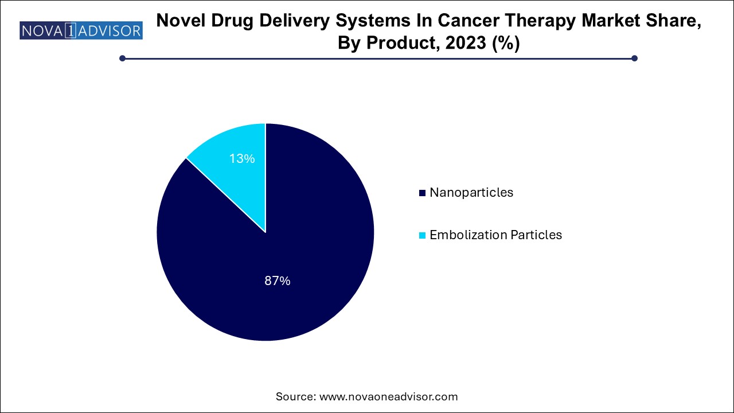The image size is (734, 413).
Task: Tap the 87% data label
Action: click(x=278, y=281)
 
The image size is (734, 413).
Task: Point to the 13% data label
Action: click(x=242, y=159)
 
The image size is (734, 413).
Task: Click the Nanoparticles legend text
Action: click(x=471, y=193)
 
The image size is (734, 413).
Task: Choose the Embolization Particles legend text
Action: click(x=495, y=235)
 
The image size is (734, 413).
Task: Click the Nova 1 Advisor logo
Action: click(x=81, y=30)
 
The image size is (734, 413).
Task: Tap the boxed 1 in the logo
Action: click(x=69, y=30)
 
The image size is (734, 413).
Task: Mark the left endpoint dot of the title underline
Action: click(x=122, y=58)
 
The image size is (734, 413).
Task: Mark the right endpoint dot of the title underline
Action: click(x=634, y=58)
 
